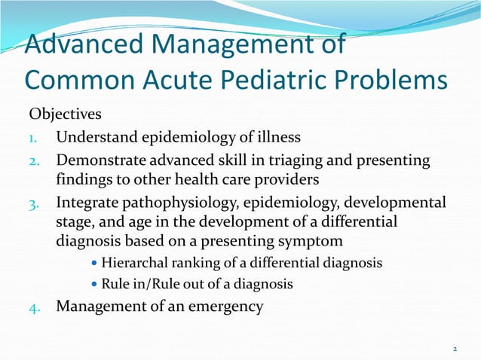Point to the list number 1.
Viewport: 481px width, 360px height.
[33, 138]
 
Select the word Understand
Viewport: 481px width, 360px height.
[97, 137]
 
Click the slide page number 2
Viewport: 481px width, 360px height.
[455, 349]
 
